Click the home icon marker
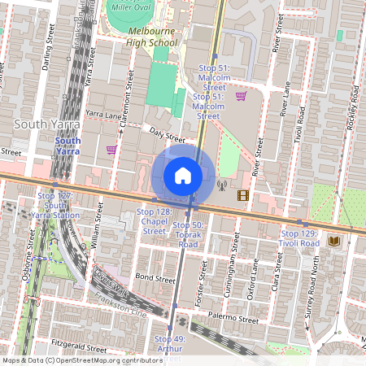pos(183,175)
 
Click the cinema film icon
pos(242,194)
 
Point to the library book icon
pos(334,242)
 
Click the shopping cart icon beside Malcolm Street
pos(241,96)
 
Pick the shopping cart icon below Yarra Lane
pos(111,149)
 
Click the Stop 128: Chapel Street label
pos(154,222)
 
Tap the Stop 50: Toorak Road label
pos(188,234)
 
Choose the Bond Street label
pos(155,278)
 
